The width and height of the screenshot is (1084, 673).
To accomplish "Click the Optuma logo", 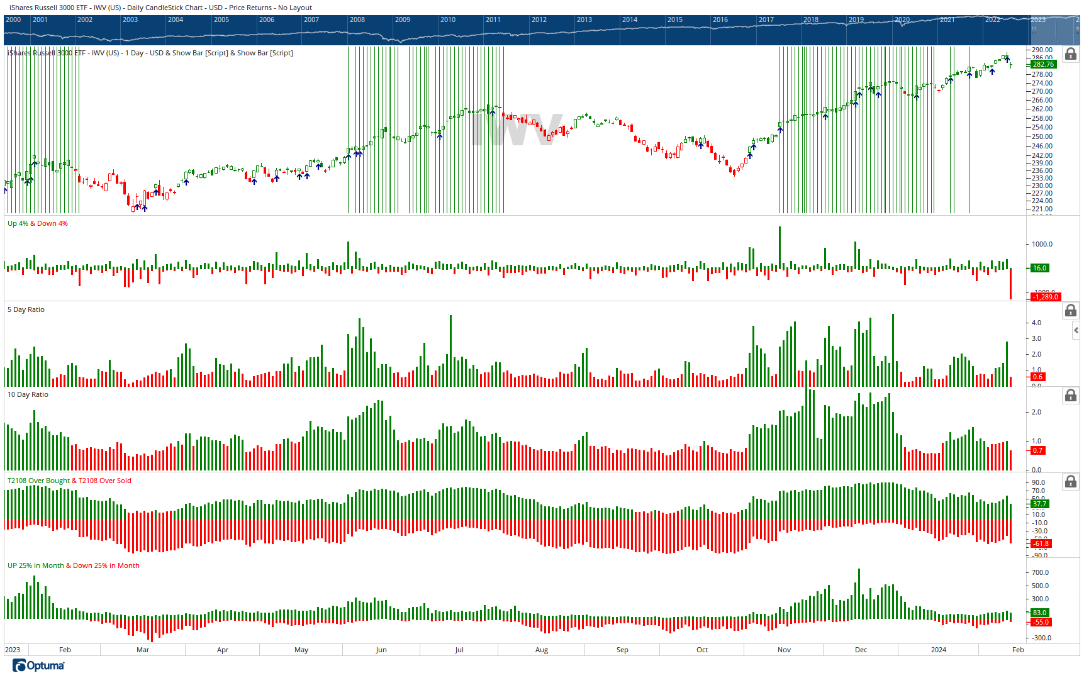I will [38, 665].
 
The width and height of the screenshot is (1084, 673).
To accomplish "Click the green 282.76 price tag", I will [1042, 64].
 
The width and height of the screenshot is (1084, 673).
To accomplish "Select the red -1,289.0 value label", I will [1046, 297].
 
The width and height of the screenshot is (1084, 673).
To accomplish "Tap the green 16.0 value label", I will [1039, 268].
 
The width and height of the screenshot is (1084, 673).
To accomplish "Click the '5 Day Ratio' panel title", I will [26, 309].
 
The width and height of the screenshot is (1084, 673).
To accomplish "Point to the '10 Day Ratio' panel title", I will [28, 394].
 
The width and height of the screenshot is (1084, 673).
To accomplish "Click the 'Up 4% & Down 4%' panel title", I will [37, 223].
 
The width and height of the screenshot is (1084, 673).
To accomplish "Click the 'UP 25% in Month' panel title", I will [35, 565].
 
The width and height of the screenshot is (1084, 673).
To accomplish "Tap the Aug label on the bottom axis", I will [542, 650].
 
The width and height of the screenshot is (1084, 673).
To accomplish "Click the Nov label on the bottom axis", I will [784, 650].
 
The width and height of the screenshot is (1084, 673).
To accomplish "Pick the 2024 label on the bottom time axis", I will [938, 650].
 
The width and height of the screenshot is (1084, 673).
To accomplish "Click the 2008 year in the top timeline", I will [357, 19].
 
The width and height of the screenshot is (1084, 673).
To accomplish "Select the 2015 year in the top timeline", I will [675, 19].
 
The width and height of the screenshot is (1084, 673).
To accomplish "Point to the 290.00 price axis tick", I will [1042, 50].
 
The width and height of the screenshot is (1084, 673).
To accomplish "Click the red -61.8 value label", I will [1041, 543].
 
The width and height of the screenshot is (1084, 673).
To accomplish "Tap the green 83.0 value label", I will [1039, 613].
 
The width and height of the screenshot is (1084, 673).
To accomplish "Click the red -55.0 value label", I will [1041, 622].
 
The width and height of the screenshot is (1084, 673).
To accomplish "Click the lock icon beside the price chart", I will [1070, 54].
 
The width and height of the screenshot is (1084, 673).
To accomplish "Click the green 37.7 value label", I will [1039, 504].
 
